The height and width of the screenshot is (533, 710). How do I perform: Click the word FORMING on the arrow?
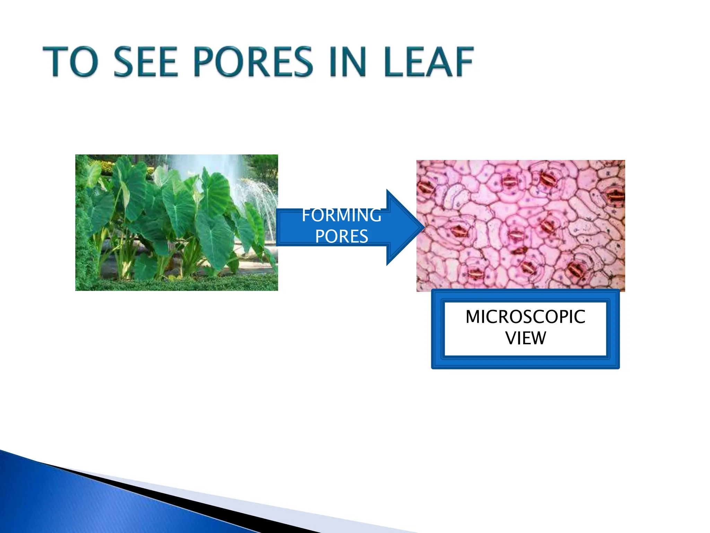point(341,215)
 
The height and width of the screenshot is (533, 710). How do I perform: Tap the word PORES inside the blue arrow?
point(341,237)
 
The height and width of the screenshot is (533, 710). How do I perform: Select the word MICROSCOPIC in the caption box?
point(525,317)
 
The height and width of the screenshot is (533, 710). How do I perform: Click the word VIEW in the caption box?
point(525,338)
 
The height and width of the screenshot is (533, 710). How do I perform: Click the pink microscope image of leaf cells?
point(520,226)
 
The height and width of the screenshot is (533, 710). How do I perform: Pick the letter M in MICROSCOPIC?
point(473,317)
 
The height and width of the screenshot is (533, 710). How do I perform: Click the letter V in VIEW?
point(511,338)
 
